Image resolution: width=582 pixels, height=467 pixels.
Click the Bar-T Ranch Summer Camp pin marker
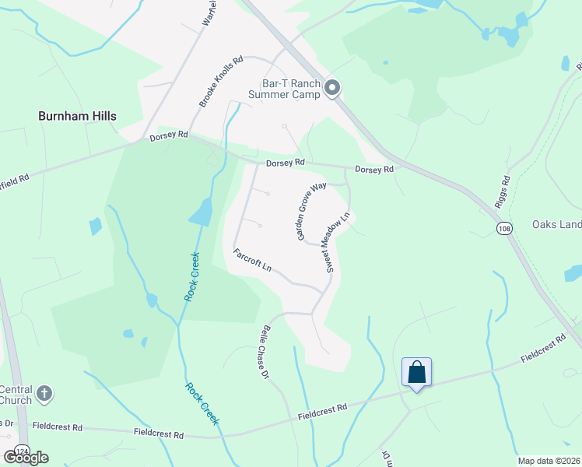(x=332, y=88)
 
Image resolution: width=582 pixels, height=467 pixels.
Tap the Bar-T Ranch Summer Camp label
(x=284, y=89)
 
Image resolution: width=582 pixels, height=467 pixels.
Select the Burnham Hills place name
(x=77, y=116)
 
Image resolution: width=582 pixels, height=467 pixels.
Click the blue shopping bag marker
(x=416, y=373)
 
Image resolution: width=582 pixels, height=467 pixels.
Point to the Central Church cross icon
(x=44, y=395)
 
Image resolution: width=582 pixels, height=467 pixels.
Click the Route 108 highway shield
(x=503, y=226)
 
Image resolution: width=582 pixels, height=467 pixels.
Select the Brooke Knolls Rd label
(x=221, y=81)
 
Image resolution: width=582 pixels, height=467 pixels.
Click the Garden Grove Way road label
(x=310, y=211)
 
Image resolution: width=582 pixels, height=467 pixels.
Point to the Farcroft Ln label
(x=252, y=260)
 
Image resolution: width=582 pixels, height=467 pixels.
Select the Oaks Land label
(x=556, y=225)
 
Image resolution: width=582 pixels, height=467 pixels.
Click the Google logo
(x=26, y=458)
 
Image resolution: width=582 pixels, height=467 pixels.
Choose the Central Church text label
(x=16, y=395)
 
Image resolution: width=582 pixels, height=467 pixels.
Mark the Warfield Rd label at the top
(x=209, y=14)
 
